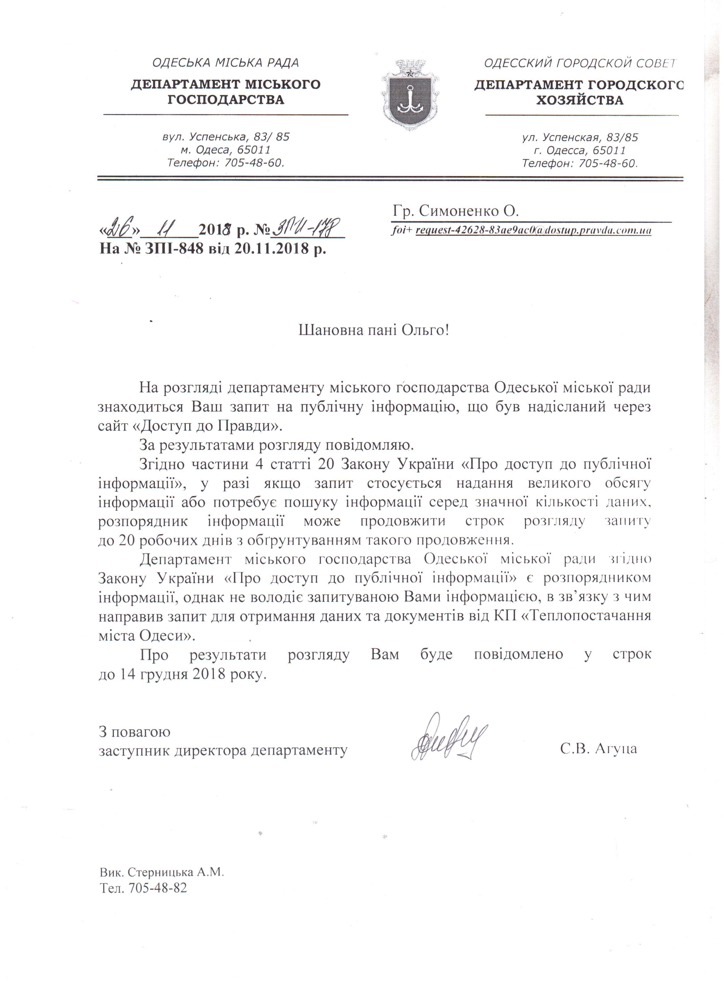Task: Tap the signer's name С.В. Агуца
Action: point(598,749)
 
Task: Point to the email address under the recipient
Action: point(533,230)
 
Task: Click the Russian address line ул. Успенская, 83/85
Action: point(580,137)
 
